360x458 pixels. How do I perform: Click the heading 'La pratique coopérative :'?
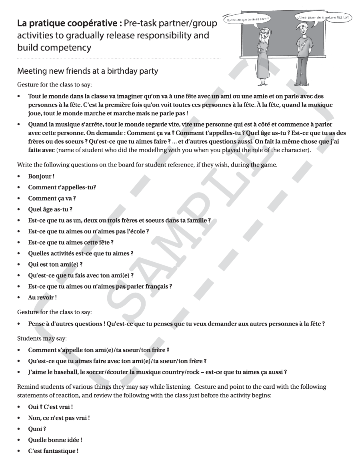[69, 24]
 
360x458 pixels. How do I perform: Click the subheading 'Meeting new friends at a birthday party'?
[87, 72]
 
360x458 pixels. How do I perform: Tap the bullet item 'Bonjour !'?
[41, 177]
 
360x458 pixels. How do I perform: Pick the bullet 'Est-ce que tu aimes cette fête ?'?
[71, 243]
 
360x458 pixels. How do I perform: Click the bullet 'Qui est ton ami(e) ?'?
[55, 265]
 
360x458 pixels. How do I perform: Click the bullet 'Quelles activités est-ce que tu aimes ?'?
[80, 253]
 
